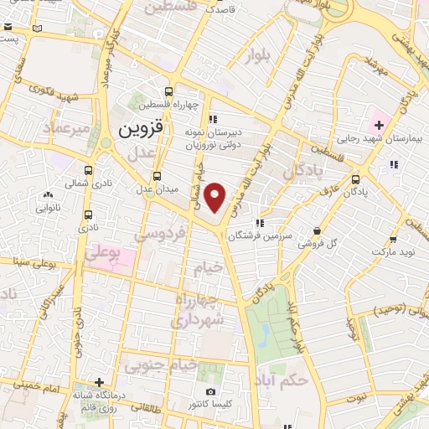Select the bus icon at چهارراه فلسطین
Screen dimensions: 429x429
tap(170, 92)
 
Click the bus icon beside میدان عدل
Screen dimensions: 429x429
tap(157, 176)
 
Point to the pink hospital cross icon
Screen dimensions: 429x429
tap(380, 125)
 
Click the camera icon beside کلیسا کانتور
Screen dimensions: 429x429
tap(210, 392)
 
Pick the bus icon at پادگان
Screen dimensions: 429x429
tap(356, 178)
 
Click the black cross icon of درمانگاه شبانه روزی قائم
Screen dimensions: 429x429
tap(99, 381)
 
